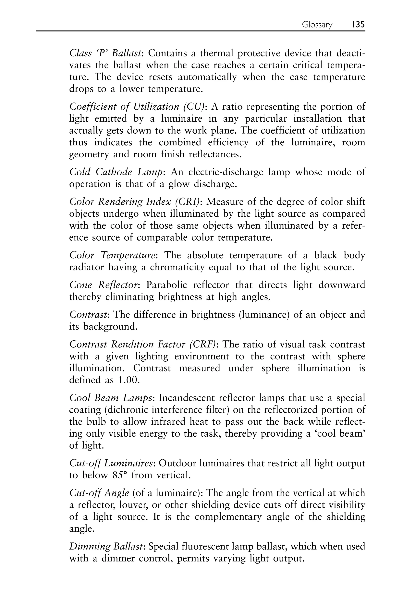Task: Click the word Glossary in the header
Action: pyautogui.click(x=317, y=25)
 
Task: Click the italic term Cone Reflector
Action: pyautogui.click(x=104, y=285)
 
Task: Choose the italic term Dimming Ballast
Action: pyautogui.click(x=106, y=546)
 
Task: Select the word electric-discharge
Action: pyautogui.click(x=226, y=172)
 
